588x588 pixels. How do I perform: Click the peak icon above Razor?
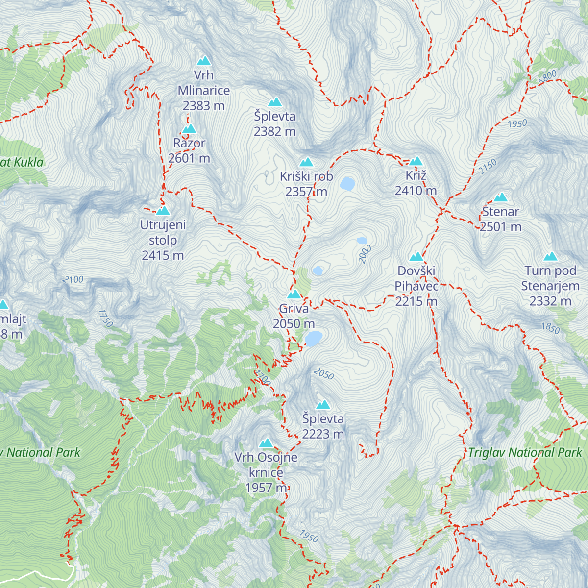pos(189,129)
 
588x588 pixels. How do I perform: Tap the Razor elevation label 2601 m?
pos(189,158)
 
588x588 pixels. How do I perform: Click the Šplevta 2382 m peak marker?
pos(275,102)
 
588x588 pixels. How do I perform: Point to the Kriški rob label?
pos(306,176)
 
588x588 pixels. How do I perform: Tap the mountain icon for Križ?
pos(416,161)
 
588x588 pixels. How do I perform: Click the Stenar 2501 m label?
pos(500,219)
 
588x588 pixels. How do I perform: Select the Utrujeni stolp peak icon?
pos(163,211)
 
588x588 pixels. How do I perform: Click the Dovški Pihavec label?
pos(416,278)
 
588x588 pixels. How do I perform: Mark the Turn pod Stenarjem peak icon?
pos(550,256)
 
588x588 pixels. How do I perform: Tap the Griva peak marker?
pos(294,294)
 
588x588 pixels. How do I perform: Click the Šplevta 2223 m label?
pos(323,426)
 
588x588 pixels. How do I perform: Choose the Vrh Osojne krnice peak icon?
pos(266,443)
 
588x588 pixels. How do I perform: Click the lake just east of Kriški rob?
pos(347,184)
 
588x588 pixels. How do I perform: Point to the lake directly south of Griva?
pos(314,338)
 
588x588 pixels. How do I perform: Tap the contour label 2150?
pos(488,167)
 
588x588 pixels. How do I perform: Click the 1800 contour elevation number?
pos(547,76)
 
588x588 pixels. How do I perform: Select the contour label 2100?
pos(73,279)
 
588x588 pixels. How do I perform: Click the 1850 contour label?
pos(550,328)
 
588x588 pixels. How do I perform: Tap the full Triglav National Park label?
pos(524,452)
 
